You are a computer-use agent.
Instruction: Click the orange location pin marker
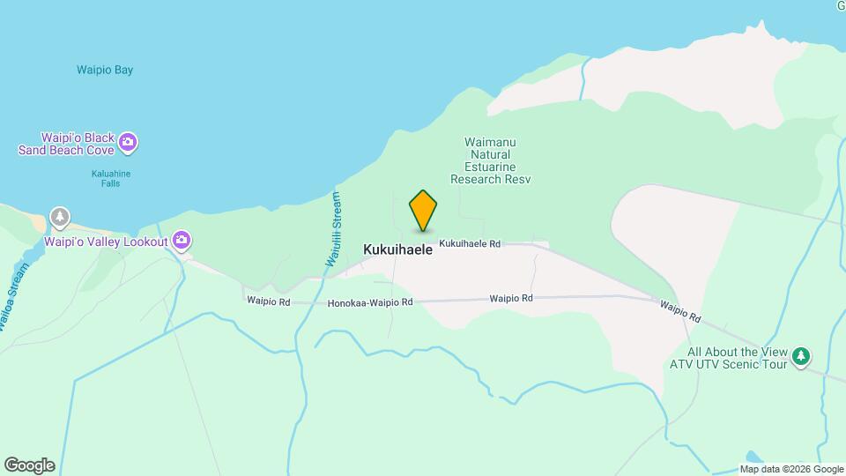[423, 210]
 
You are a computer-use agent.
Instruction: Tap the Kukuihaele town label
[398, 250]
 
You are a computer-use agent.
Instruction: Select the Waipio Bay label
[105, 70]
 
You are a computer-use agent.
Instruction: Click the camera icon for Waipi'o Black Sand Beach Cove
[129, 141]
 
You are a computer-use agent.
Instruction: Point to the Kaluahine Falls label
[111, 179]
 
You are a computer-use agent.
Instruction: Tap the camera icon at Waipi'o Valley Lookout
[182, 240]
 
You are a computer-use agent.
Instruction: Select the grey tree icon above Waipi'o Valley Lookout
[59, 216]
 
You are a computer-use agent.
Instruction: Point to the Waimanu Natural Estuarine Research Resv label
[491, 160]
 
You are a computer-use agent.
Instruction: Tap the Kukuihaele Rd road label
[470, 243]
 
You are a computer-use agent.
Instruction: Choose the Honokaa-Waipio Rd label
[370, 302]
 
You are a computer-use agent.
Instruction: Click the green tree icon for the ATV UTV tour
[800, 356]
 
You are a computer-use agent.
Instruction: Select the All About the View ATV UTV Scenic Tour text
[728, 358]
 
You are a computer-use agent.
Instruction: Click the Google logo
[29, 465]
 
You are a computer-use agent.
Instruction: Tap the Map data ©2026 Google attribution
[790, 469]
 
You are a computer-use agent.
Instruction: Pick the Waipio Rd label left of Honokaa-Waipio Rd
[269, 301]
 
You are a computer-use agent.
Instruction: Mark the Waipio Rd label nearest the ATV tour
[680, 310]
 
